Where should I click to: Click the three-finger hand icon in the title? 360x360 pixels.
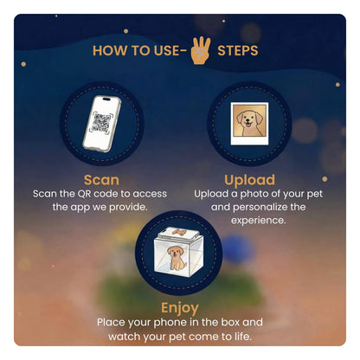[x=201, y=50]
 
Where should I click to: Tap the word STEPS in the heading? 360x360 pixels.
[x=238, y=51]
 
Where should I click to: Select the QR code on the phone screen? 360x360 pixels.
[x=101, y=123]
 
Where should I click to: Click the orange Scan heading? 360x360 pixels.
[x=101, y=180]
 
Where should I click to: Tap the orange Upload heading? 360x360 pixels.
[x=249, y=180]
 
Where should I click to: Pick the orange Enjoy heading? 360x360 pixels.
[x=180, y=308]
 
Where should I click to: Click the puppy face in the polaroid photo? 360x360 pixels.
[x=249, y=120]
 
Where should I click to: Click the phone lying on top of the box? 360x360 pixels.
[x=179, y=233]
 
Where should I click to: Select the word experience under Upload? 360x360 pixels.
[x=258, y=221]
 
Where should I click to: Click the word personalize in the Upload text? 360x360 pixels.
[x=260, y=207]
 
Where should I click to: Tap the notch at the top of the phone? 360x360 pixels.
[x=106, y=100]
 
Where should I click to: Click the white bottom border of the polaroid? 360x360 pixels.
[x=249, y=141]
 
